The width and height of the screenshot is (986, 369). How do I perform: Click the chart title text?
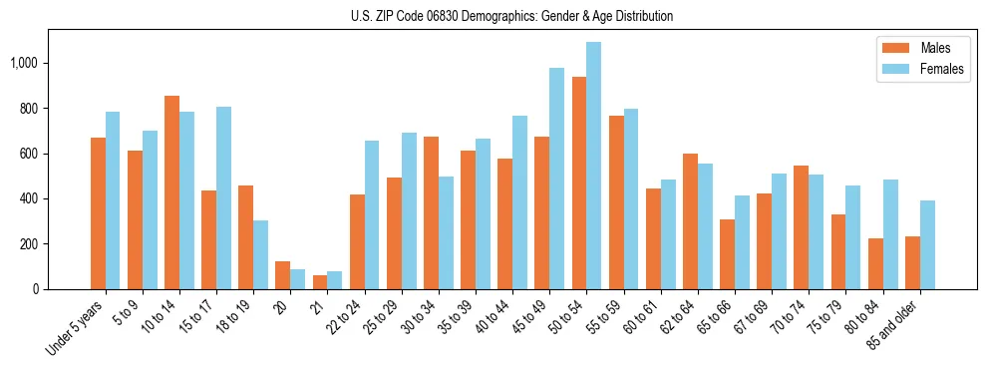(x=512, y=16)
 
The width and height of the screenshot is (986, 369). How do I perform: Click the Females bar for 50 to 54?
(x=593, y=166)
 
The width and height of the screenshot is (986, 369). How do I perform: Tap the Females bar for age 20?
(x=297, y=279)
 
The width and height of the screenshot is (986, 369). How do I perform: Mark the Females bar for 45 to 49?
(x=556, y=179)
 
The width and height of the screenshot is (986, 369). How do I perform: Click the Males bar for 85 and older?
(x=912, y=262)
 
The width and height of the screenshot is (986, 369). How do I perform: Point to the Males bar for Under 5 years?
(x=98, y=213)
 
